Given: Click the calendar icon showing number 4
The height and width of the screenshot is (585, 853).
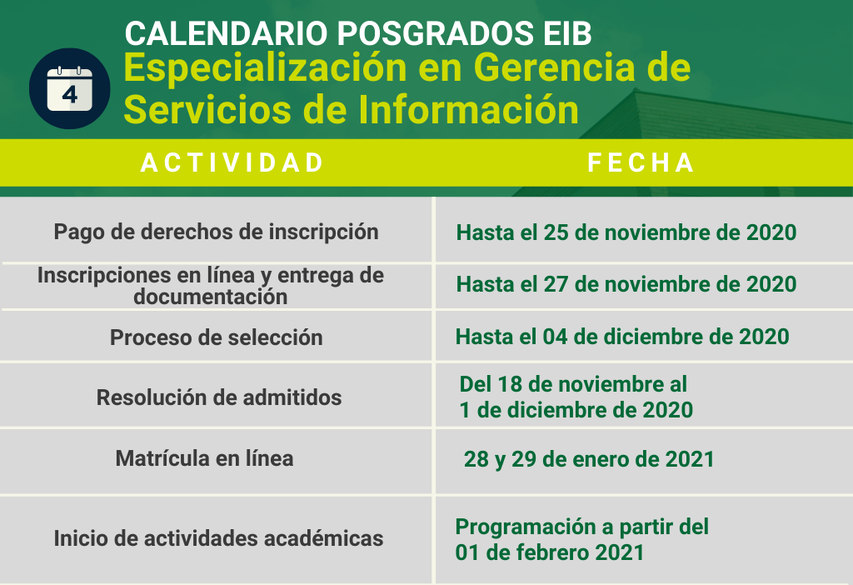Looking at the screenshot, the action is [x=70, y=88].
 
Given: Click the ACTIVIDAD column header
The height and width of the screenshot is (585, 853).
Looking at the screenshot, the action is [x=233, y=162].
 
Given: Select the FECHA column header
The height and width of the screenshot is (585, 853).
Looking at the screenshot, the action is [x=641, y=162].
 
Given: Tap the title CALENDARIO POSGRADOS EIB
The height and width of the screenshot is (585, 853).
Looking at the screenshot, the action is [x=358, y=33].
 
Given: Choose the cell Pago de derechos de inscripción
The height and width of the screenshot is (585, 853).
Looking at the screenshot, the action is [x=216, y=232].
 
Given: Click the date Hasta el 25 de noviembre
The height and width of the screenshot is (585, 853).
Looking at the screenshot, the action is [x=626, y=232].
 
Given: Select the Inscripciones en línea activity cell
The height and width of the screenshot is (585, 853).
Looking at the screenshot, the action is [x=211, y=286].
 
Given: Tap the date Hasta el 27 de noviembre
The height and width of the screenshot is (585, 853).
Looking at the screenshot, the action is [x=626, y=284].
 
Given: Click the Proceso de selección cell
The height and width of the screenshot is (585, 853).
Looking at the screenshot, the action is [x=217, y=337].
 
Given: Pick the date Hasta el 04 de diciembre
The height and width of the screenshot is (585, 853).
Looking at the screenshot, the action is [x=622, y=337].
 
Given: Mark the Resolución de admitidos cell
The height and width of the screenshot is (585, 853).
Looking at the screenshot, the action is [x=219, y=397].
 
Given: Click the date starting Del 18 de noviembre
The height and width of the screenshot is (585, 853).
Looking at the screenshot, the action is [x=576, y=397].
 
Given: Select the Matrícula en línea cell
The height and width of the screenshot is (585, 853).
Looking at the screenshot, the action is [x=205, y=458].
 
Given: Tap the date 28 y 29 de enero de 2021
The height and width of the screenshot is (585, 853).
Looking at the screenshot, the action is [x=589, y=459].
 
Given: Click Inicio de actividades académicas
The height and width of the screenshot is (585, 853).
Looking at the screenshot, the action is [x=218, y=538].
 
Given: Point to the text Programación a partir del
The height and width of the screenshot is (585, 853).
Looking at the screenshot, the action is [x=582, y=527].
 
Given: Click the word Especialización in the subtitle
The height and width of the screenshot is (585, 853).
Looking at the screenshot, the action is [x=266, y=69].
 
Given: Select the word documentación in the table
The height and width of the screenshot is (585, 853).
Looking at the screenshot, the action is [x=211, y=297].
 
